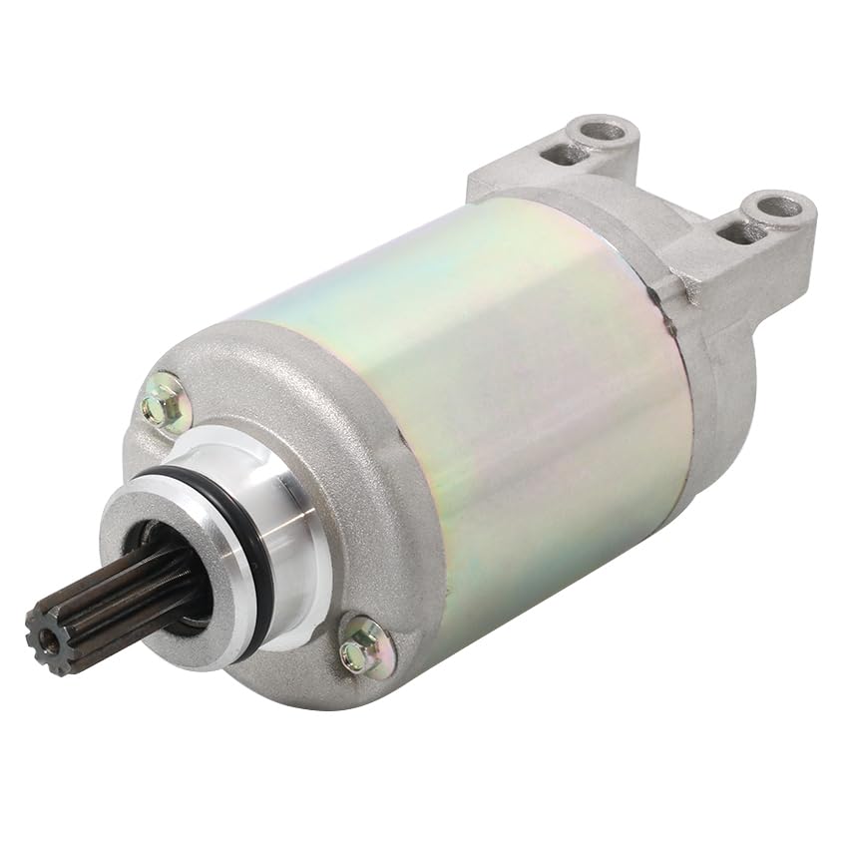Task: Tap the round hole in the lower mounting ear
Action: [777, 208]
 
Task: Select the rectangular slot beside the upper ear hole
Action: [565, 154]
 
